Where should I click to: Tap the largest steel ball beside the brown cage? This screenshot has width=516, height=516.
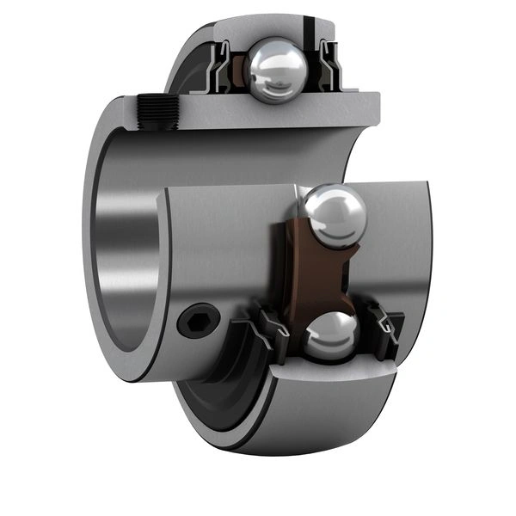(x=334, y=217)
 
